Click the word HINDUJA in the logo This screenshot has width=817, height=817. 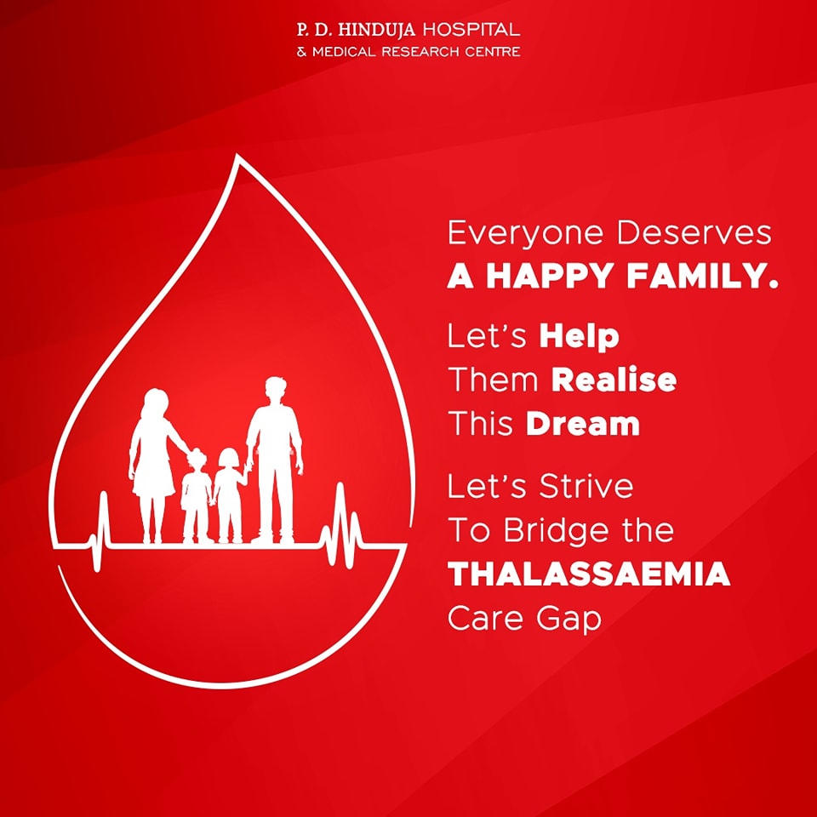(x=377, y=29)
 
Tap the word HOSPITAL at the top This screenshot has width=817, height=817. (x=471, y=29)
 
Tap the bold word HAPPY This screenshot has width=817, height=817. (x=550, y=276)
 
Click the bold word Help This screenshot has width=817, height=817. (x=579, y=337)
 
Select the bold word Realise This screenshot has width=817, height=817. (x=614, y=380)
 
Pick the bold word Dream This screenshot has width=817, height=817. (x=582, y=423)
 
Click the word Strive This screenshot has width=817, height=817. (x=586, y=486)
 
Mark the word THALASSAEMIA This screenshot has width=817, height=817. (x=589, y=574)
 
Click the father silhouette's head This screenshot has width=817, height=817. (x=275, y=390)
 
